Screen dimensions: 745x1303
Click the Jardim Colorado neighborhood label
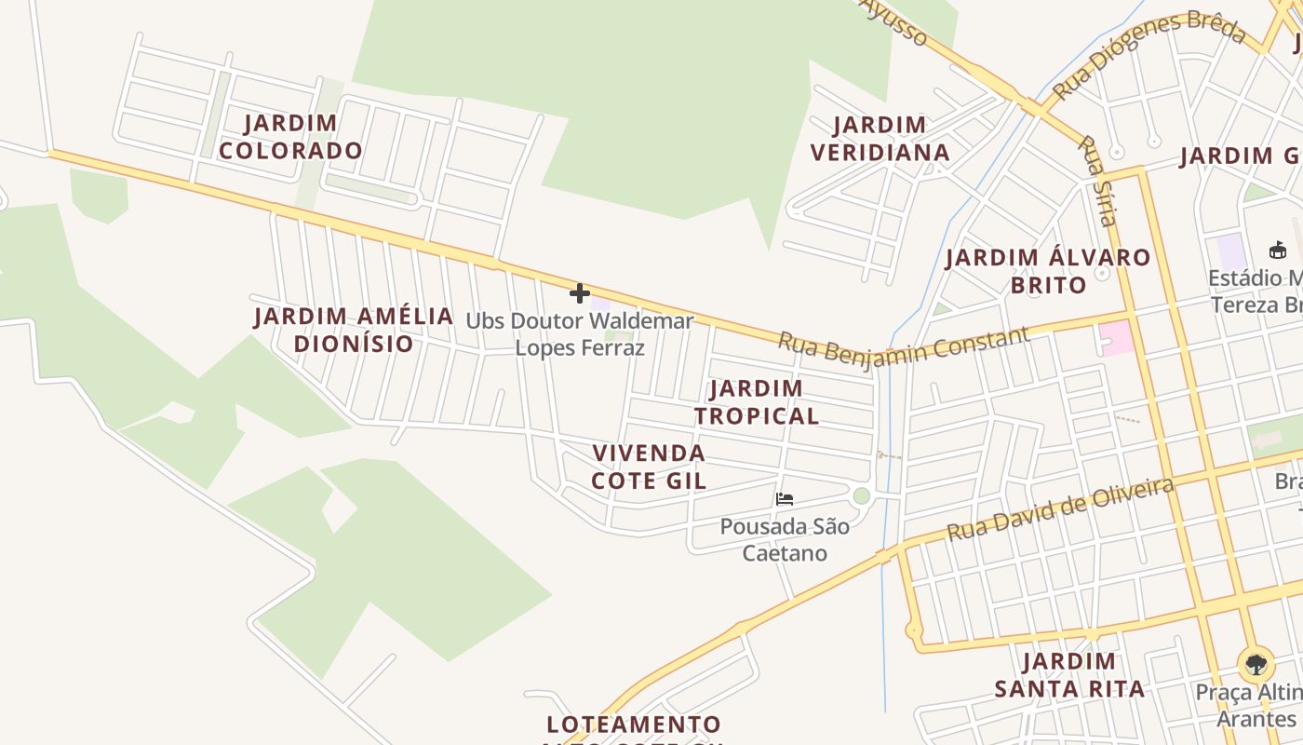point(290,137)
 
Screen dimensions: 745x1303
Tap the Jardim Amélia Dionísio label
point(354,330)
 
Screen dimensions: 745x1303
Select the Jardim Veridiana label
point(880,139)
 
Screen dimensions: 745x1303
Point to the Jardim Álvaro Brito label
point(1048,271)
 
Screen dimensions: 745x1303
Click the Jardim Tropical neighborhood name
point(757,401)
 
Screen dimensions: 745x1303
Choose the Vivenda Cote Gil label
point(650,467)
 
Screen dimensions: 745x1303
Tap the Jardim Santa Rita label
point(1069,675)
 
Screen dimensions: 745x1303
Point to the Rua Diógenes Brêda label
point(1149,54)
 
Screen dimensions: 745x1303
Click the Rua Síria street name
point(1096,181)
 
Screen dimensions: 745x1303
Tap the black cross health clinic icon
point(580,294)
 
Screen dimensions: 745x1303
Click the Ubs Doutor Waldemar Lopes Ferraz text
point(580,334)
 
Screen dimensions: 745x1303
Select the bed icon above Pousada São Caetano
point(784,499)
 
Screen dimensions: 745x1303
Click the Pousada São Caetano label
point(785,539)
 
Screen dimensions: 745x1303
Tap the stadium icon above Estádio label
point(1277,250)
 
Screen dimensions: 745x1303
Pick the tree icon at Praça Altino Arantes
point(1256,665)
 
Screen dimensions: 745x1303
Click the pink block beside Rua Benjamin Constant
point(1117,337)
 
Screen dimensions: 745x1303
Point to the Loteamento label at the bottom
point(633,725)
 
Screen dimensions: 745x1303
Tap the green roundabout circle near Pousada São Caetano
point(861,495)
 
